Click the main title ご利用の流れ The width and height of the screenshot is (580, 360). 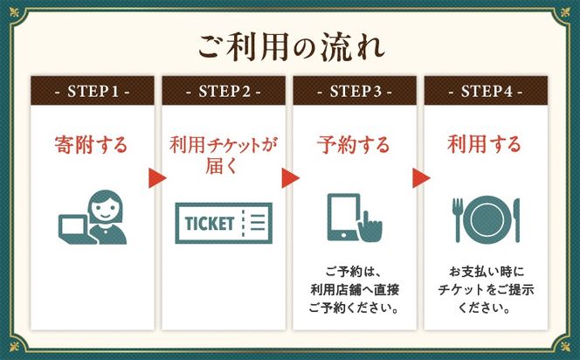[x=291, y=47]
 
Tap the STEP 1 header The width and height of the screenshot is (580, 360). [x=93, y=91]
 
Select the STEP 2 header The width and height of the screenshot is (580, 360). [x=224, y=91]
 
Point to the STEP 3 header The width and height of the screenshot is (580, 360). [x=355, y=91]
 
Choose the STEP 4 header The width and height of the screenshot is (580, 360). [x=486, y=91]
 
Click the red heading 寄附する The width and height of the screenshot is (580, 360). [x=91, y=144]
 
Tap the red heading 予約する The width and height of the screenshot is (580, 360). [x=354, y=144]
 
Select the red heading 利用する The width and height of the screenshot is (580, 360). [x=484, y=144]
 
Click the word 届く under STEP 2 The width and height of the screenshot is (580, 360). [x=221, y=165]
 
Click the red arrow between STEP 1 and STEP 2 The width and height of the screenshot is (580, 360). [x=157, y=178]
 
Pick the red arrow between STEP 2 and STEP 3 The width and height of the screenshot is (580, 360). [x=290, y=178]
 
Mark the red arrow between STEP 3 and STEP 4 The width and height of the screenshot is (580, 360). [x=421, y=178]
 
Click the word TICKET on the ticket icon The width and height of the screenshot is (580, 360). [x=210, y=224]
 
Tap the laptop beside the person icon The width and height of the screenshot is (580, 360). [x=74, y=230]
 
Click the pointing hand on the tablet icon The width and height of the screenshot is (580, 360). [x=370, y=227]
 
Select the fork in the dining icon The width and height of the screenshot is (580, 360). [x=458, y=220]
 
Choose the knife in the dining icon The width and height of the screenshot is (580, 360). [x=516, y=220]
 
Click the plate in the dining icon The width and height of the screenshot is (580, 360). [x=487, y=220]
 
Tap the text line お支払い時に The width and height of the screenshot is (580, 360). [x=487, y=272]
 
